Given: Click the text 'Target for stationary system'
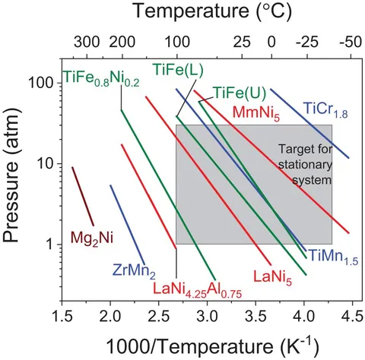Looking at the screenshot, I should (303, 165).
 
